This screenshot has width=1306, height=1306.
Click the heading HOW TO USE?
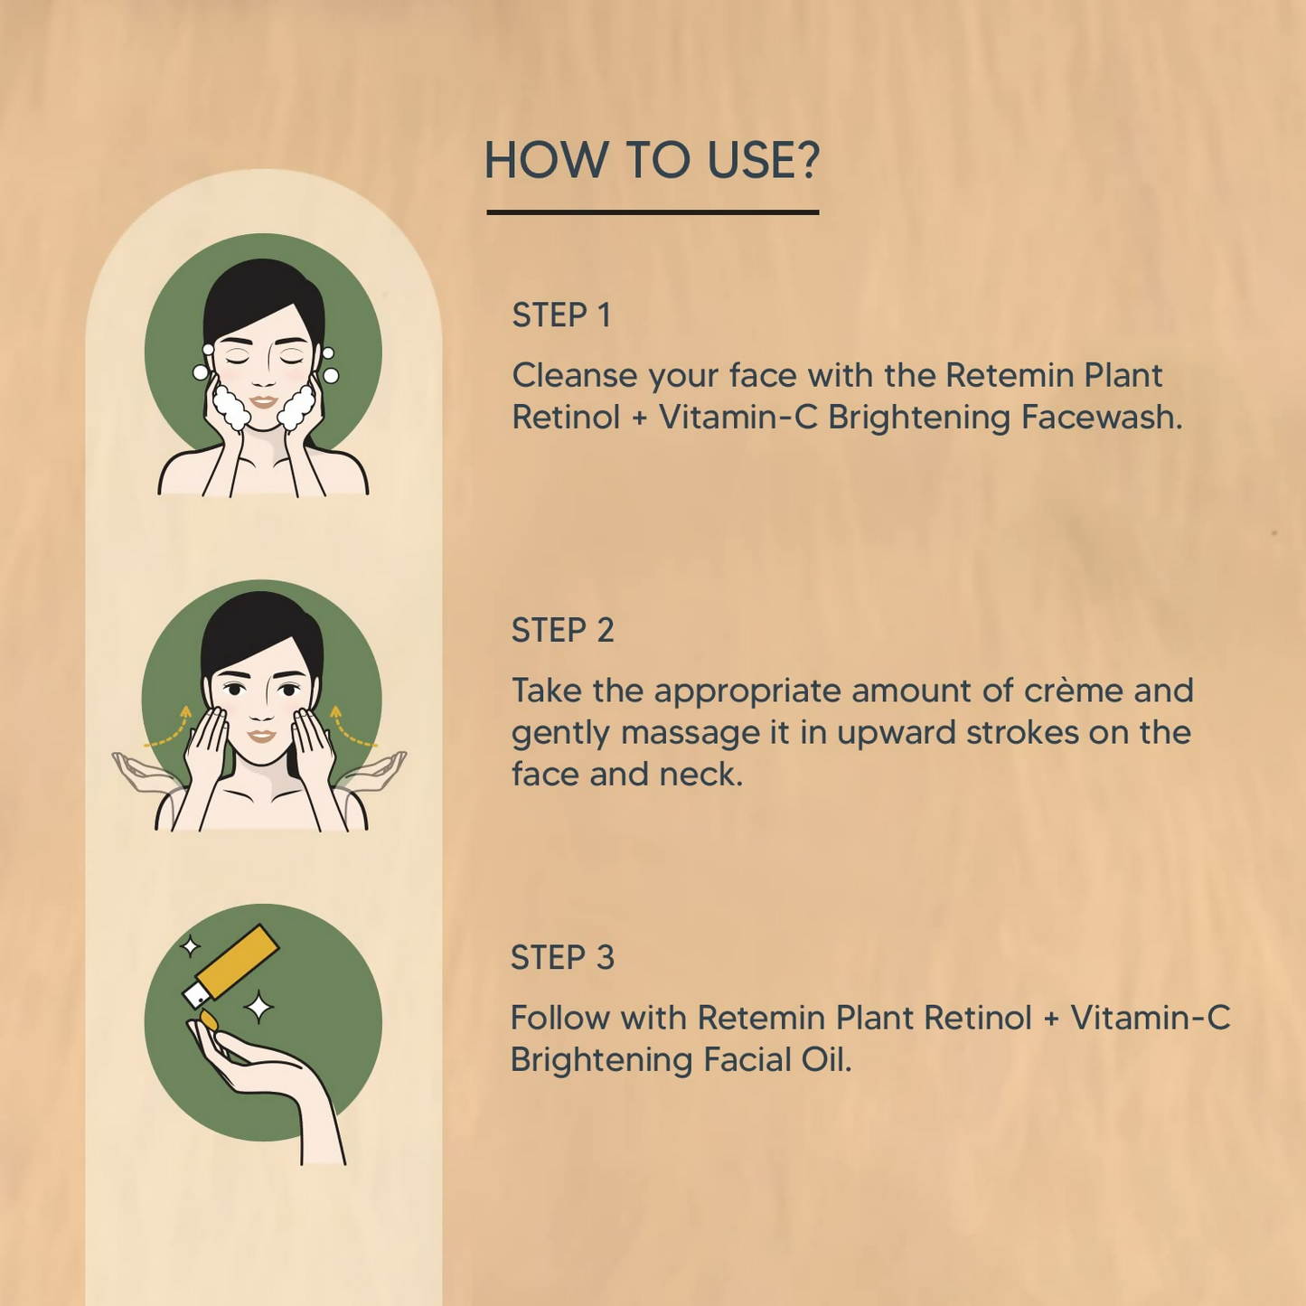coord(652,161)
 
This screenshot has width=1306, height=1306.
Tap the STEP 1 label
coord(561,315)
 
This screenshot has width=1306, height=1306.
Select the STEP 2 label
coord(562,630)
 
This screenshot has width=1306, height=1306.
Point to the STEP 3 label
coord(562,958)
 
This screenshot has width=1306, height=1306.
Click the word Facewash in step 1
coord(1102,417)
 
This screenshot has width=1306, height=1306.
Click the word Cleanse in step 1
coord(575,375)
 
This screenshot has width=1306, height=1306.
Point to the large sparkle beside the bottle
coord(258,1007)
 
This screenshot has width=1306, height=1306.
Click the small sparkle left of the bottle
coord(191,945)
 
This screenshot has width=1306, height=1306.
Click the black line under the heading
coord(653,212)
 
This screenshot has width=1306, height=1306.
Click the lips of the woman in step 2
coord(261,736)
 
